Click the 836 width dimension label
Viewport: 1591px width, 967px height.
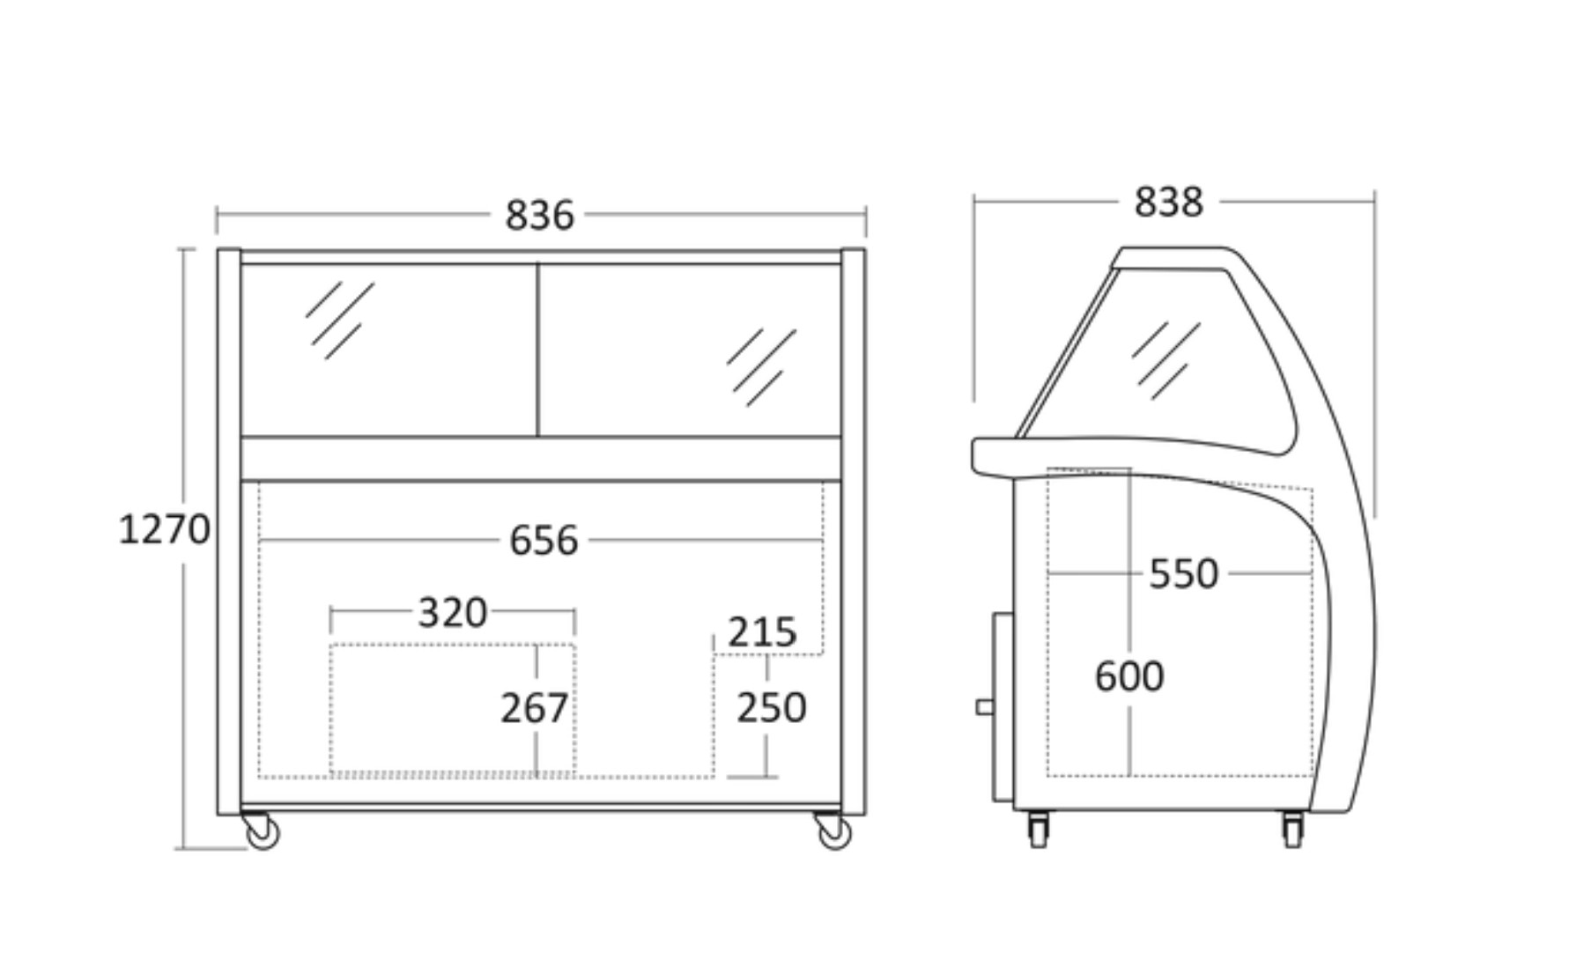tap(539, 215)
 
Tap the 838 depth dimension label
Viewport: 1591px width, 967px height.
tap(1168, 202)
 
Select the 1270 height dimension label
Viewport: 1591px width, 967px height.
tap(164, 529)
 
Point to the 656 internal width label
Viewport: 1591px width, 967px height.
tap(544, 540)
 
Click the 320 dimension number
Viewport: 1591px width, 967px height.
tap(452, 612)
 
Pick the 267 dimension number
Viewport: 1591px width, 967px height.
tap(535, 708)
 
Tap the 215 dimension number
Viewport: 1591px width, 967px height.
tap(762, 632)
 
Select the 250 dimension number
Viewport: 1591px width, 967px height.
tap(771, 708)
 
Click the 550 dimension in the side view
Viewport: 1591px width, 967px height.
tap(1183, 574)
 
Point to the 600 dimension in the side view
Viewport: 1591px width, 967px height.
tap(1128, 676)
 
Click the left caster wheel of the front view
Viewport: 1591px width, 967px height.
tap(261, 830)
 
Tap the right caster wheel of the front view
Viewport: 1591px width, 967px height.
tap(832, 830)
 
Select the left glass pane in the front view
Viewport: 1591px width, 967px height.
tap(388, 350)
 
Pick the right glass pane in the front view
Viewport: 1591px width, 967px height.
tap(690, 350)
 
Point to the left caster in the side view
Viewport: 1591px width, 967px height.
tap(1039, 829)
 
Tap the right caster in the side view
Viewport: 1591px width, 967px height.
tap(1292, 829)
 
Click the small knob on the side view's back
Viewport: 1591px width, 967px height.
tap(985, 706)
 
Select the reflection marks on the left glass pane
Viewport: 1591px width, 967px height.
tap(340, 321)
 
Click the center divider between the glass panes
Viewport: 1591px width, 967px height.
tap(537, 350)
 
